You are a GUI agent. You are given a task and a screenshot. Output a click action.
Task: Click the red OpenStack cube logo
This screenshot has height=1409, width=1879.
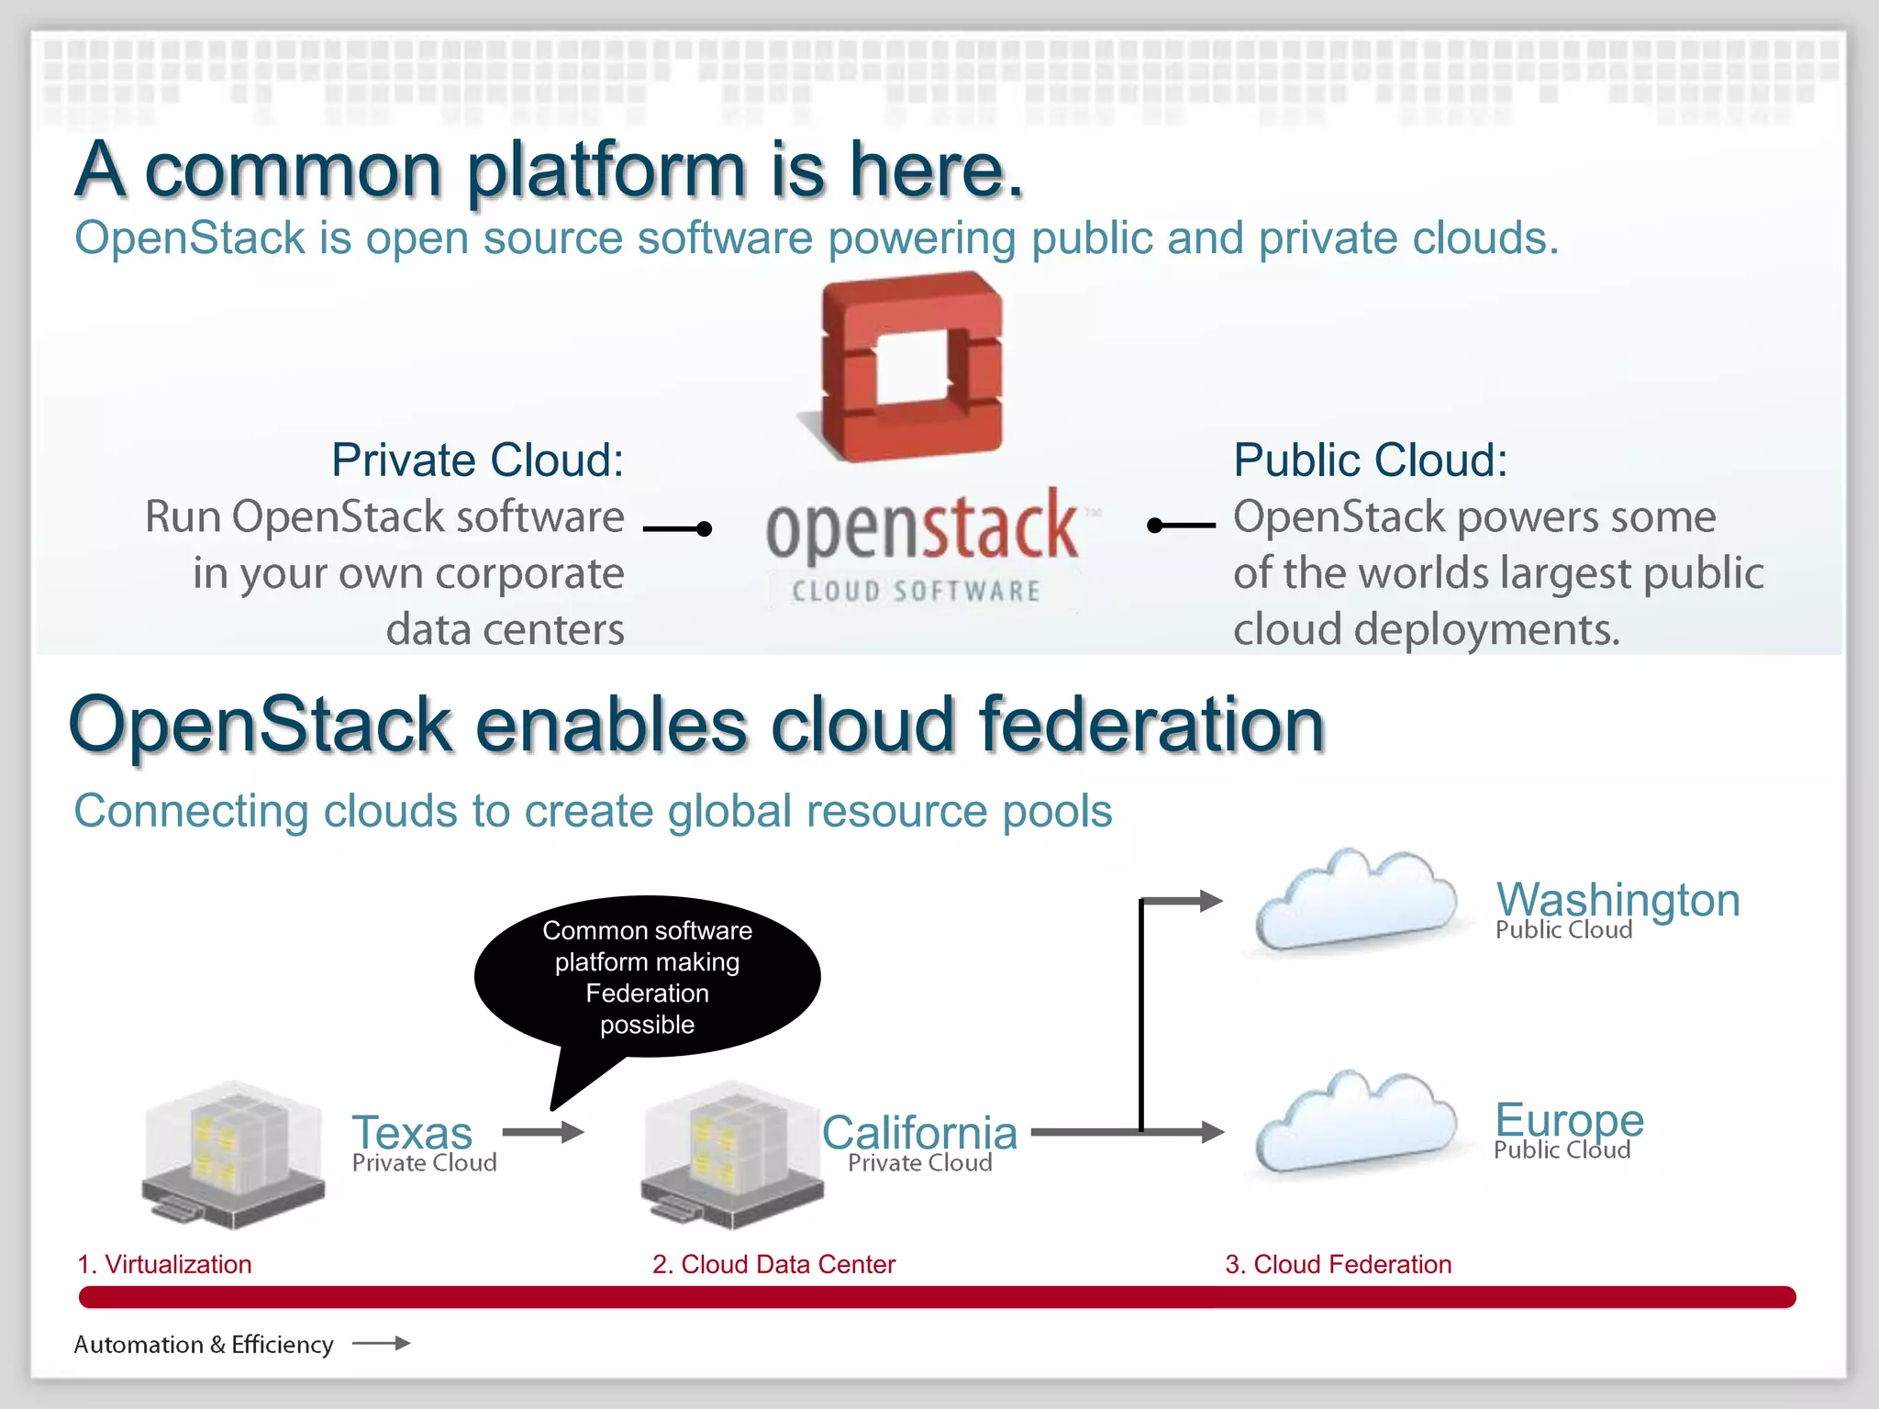(x=912, y=367)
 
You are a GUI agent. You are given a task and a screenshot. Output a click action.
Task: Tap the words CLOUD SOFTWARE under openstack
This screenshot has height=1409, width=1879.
(x=916, y=591)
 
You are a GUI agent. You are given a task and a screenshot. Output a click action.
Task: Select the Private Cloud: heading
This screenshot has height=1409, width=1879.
(x=477, y=460)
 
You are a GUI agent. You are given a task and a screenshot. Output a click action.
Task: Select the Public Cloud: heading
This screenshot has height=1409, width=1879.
(x=1370, y=460)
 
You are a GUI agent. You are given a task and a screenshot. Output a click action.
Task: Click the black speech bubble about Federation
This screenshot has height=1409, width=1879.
(x=647, y=976)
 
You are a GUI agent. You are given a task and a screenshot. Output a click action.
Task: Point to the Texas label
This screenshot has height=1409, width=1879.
(x=412, y=1132)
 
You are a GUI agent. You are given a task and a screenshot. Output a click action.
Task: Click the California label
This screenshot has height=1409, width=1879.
(x=919, y=1132)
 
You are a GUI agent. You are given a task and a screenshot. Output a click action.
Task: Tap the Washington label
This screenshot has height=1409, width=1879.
(x=1618, y=899)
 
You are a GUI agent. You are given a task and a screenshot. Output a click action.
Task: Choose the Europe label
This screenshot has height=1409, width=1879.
(x=1569, y=1119)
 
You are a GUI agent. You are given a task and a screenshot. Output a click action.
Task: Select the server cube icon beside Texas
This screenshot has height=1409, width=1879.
(x=234, y=1156)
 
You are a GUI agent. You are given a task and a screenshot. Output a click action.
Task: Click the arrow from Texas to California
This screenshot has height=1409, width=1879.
(x=543, y=1132)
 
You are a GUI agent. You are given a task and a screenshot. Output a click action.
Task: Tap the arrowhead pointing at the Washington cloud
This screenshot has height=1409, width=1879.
(x=1211, y=901)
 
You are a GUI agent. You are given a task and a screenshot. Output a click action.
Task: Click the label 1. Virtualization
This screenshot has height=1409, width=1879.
(x=164, y=1264)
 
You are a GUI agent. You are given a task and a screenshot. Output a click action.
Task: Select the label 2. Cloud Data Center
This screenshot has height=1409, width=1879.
(x=773, y=1264)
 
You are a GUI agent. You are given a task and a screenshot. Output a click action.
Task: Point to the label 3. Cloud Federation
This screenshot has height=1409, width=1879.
(x=1338, y=1264)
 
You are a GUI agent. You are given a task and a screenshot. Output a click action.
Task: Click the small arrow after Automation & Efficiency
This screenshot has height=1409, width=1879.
(x=381, y=1343)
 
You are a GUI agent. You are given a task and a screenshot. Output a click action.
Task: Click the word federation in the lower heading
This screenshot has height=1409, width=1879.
(x=1151, y=725)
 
